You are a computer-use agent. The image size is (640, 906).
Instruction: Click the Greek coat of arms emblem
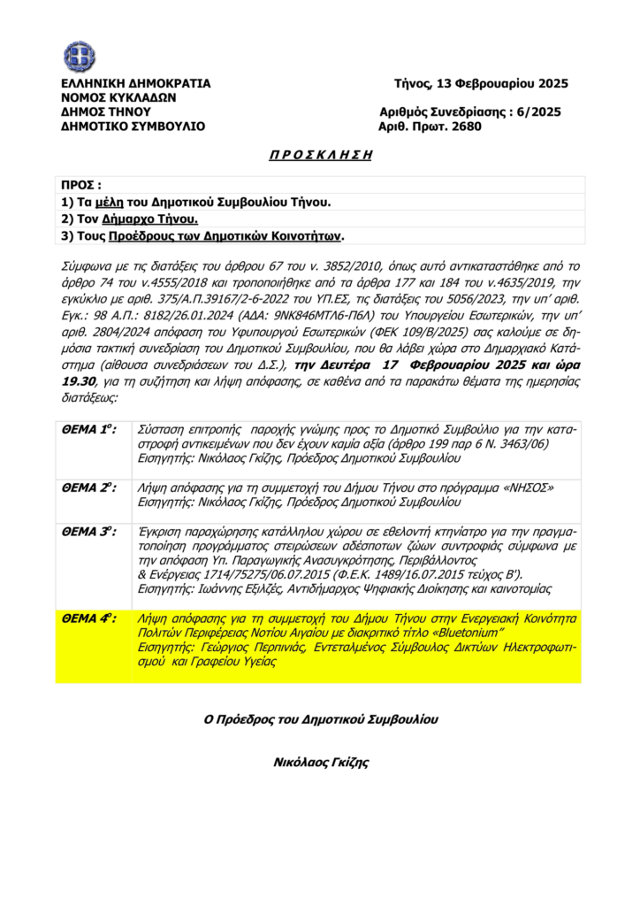(79, 56)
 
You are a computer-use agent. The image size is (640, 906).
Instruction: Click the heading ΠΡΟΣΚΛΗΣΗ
(319, 154)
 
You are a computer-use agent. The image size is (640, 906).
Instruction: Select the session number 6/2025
(538, 112)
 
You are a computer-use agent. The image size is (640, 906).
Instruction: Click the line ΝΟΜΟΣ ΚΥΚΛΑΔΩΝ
(118, 98)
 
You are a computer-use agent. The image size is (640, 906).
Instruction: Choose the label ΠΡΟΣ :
(80, 186)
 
